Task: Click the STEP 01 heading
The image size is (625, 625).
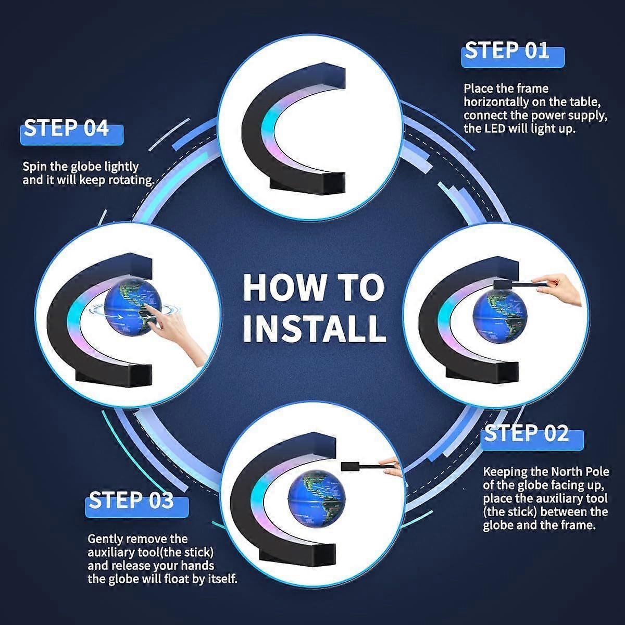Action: (507, 51)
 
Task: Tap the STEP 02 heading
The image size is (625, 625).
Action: (526, 433)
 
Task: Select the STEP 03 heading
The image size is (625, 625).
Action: (131, 501)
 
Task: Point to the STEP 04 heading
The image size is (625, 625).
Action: (66, 128)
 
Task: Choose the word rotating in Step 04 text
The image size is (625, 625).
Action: (130, 180)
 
